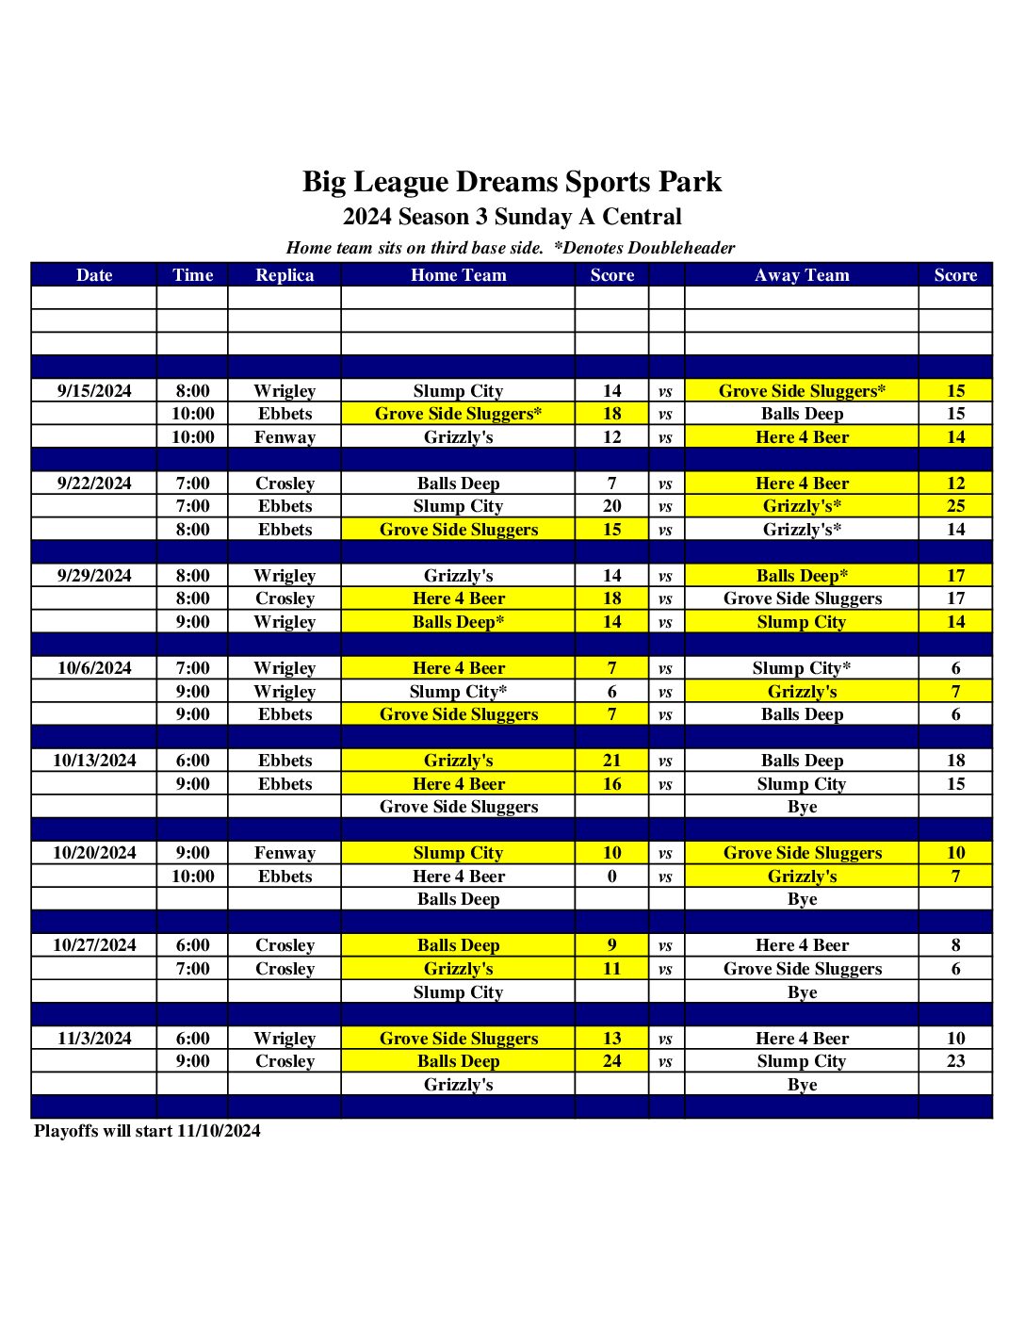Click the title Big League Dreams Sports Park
tap(512, 182)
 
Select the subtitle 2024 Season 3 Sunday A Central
tap(512, 217)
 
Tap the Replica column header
tap(285, 275)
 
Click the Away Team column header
tap(802, 275)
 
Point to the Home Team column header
tap(458, 275)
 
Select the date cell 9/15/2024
tap(94, 391)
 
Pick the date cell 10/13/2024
tap(94, 761)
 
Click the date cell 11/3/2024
tap(94, 1039)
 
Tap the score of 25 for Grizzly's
tap(955, 506)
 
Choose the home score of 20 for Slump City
tap(612, 506)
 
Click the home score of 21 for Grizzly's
tap(612, 761)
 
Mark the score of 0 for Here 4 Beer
tap(612, 876)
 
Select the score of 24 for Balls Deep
tap(612, 1061)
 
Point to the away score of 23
tap(955, 1061)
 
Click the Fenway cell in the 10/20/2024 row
tap(285, 853)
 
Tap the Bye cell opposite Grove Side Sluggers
tap(802, 807)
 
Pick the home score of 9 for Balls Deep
tap(612, 945)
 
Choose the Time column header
tap(192, 275)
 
